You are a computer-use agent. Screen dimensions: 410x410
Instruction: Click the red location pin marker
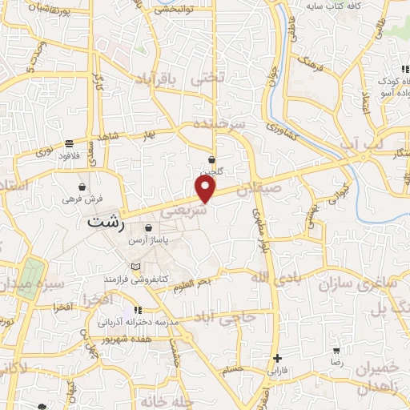click(206, 189)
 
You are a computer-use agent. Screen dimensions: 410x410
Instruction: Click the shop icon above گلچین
click(212, 159)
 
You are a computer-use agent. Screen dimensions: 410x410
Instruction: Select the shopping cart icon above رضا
click(337, 350)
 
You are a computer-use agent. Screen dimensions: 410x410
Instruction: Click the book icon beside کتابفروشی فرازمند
click(135, 265)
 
